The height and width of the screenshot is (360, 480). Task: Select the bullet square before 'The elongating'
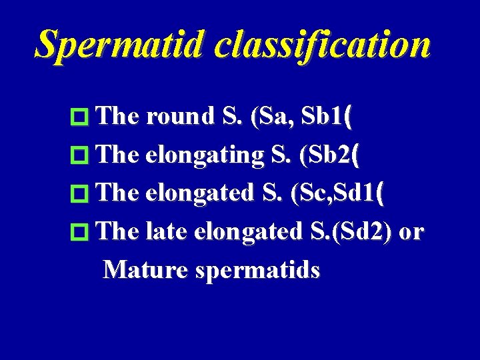(x=79, y=157)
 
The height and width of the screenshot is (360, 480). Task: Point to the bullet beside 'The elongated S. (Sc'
(x=79, y=195)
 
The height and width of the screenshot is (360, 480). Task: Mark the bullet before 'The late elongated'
(x=79, y=233)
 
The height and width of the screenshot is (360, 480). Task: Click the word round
(x=177, y=117)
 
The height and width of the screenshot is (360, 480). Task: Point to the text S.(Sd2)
(x=351, y=232)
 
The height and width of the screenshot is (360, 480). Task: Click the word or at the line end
(x=411, y=232)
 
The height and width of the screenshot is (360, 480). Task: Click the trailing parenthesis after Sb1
(x=349, y=117)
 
